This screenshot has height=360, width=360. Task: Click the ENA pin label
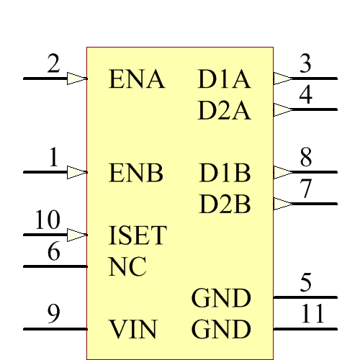pos(136,80)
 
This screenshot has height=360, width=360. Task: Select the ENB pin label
pos(136,174)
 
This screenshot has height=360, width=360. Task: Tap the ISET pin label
pos(138,235)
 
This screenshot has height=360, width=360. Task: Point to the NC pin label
pos(127,267)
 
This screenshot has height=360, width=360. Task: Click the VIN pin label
pos(133,330)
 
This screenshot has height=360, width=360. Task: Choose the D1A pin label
pos(224,80)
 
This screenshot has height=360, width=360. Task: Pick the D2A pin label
pos(224,111)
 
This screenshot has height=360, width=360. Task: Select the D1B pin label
pos(225,174)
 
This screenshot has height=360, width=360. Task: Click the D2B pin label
pos(225,205)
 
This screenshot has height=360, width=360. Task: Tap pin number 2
pos(53,64)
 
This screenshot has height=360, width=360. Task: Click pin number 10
pos(48,220)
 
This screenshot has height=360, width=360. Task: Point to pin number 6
pos(53,252)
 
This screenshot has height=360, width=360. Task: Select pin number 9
pos(53,314)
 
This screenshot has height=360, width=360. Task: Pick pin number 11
pos(312,314)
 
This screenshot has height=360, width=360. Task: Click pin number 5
pos(306,283)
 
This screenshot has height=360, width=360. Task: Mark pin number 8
pos(306,157)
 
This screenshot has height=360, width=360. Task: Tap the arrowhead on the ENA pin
pos(77,78)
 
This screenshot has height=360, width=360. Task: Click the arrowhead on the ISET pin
pos(77,235)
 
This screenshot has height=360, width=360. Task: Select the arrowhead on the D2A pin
pos(283,110)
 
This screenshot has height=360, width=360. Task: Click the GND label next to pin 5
pos(221,298)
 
